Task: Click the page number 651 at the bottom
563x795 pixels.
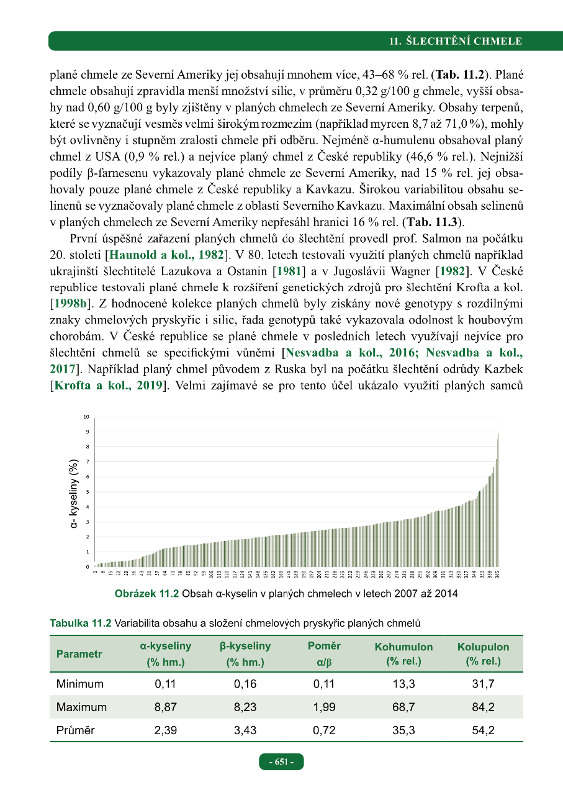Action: tap(281, 761)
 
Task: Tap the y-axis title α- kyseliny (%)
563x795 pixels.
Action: tap(75, 494)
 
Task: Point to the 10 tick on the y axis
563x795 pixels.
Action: tap(87, 417)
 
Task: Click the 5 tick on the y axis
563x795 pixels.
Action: tap(88, 492)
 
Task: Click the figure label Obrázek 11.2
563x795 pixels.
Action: tap(146, 594)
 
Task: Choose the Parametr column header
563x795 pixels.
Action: tap(79, 653)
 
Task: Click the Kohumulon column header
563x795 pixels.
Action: tap(403, 647)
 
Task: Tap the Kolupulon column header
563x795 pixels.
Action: tap(483, 647)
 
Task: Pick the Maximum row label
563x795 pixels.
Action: tap(81, 707)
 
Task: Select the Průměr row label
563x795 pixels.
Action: tap(75, 730)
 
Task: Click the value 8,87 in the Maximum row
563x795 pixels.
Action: tap(166, 707)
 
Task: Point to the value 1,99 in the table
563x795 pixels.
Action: tap(324, 707)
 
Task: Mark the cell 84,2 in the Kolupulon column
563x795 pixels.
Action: tap(483, 707)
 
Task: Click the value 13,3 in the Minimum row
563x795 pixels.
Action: tap(403, 684)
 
